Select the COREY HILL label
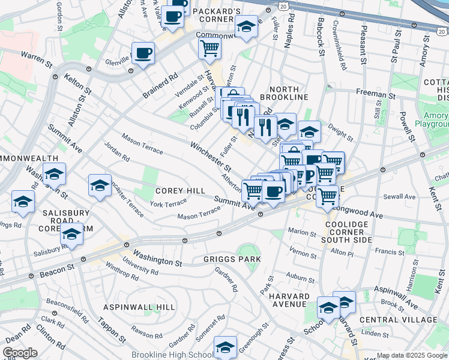pyautogui.click(x=180, y=190)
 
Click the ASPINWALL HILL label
pyautogui.click(x=139, y=307)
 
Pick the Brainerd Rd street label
pyautogui.click(x=160, y=86)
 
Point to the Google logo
pyautogui.click(x=20, y=353)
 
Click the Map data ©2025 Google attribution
pyautogui.click(x=411, y=355)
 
